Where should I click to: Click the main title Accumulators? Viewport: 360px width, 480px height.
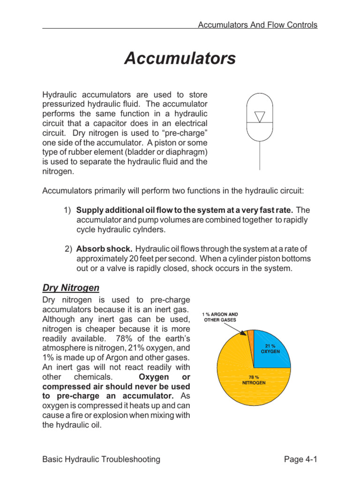[x=180, y=59]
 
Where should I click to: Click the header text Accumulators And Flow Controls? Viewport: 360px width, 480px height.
[x=257, y=25]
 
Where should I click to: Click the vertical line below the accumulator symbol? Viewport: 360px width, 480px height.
[x=259, y=155]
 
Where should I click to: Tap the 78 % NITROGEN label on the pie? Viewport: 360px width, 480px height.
[x=254, y=379]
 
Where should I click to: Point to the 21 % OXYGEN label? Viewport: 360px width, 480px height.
[x=270, y=348]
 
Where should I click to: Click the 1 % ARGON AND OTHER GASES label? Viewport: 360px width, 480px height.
[x=220, y=317]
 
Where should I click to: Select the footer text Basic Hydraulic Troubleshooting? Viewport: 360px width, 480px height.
[x=101, y=459]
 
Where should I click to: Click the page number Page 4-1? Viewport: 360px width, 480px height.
[x=301, y=459]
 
